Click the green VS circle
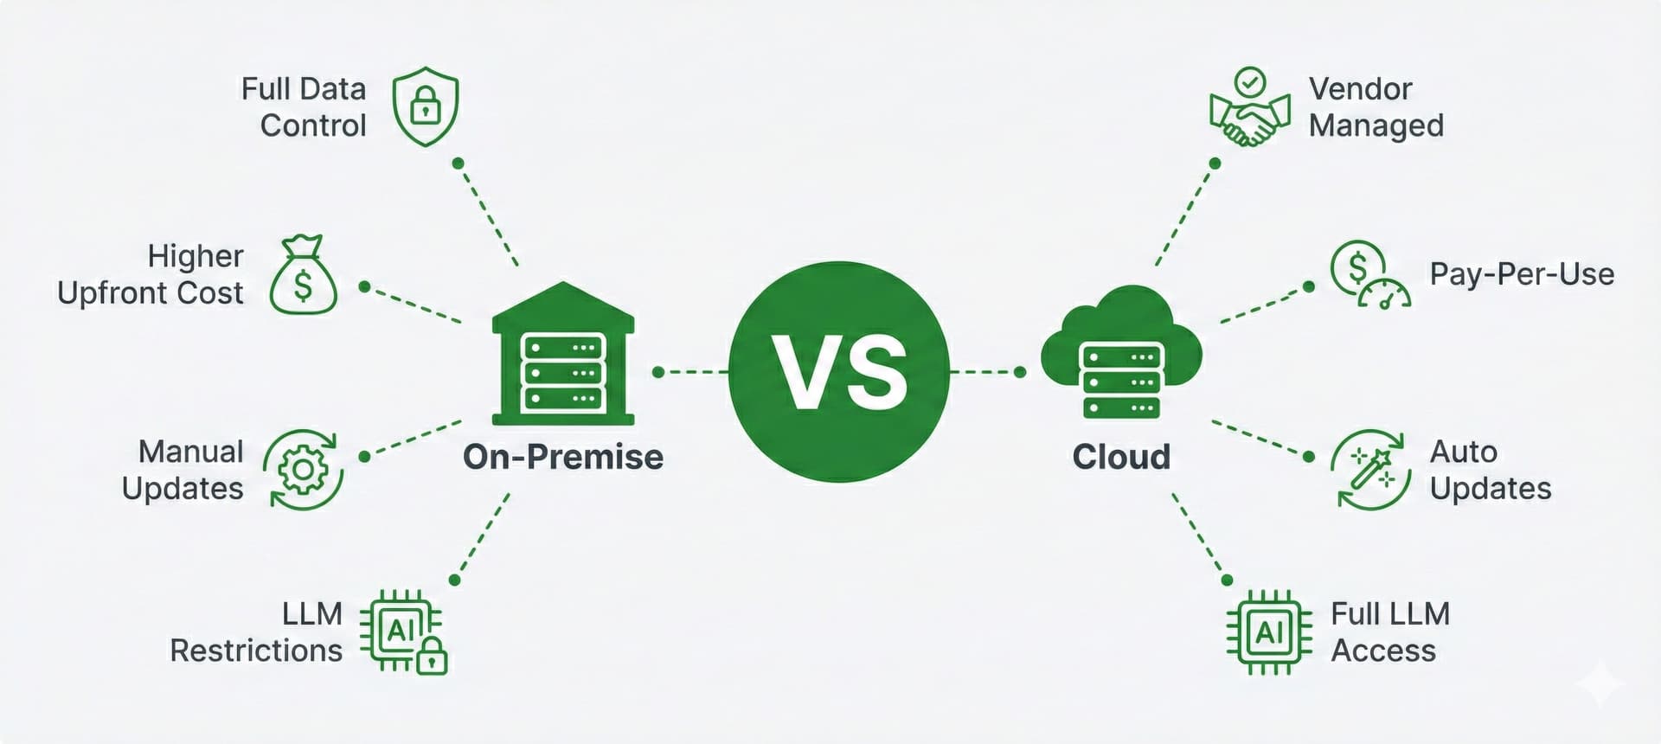[839, 372]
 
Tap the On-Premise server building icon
[563, 355]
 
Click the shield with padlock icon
[425, 106]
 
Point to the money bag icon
[303, 276]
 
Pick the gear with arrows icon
[303, 470]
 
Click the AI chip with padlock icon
[404, 632]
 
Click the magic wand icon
[1370, 470]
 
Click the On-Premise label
[563, 457]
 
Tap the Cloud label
[1121, 457]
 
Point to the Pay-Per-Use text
[1522, 274]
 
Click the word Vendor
[1360, 89]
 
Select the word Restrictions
[256, 651]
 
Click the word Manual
[191, 452]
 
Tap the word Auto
[1463, 452]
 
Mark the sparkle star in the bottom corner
[1600, 683]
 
